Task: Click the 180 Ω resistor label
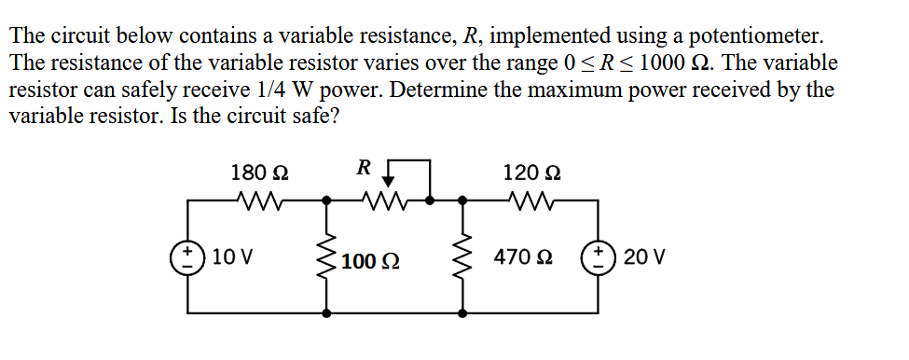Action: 259,173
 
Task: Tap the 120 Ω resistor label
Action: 531,173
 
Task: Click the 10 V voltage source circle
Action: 190,256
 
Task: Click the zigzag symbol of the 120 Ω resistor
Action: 531,200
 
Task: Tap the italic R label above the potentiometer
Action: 365,167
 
